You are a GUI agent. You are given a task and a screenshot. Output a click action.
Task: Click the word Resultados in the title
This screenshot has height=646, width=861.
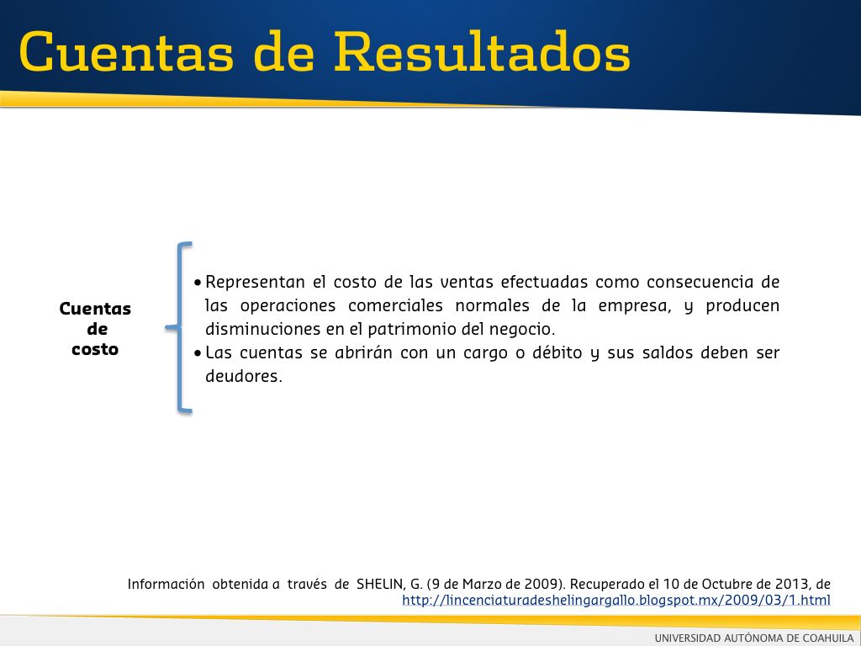pos(483,51)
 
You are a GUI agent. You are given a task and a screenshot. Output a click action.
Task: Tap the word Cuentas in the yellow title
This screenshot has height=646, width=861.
pos(126,51)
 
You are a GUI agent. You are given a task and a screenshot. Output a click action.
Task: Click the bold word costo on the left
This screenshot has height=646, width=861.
pos(95,349)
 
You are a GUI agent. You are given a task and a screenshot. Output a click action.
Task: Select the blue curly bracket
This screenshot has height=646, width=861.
pos(179,327)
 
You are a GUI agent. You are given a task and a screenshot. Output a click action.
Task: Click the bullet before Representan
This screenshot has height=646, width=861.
pos(198,283)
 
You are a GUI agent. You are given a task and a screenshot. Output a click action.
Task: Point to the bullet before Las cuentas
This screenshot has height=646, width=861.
pos(198,353)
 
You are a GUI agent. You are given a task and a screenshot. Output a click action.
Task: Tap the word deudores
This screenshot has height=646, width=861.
pos(243,376)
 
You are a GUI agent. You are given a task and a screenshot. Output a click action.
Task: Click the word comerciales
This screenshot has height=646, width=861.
pos(395,305)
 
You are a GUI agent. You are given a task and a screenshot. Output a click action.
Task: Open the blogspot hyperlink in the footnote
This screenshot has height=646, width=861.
pos(616,600)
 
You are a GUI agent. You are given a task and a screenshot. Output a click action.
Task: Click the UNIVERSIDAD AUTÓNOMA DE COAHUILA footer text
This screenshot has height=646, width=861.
pos(754,638)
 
